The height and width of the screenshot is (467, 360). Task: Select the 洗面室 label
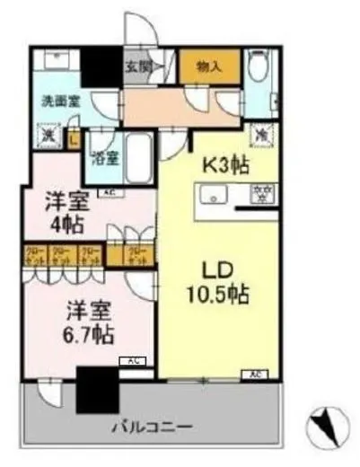pos(60,101)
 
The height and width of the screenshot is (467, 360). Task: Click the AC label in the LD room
pos(256,373)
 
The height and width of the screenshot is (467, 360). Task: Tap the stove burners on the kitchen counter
pos(265,191)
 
